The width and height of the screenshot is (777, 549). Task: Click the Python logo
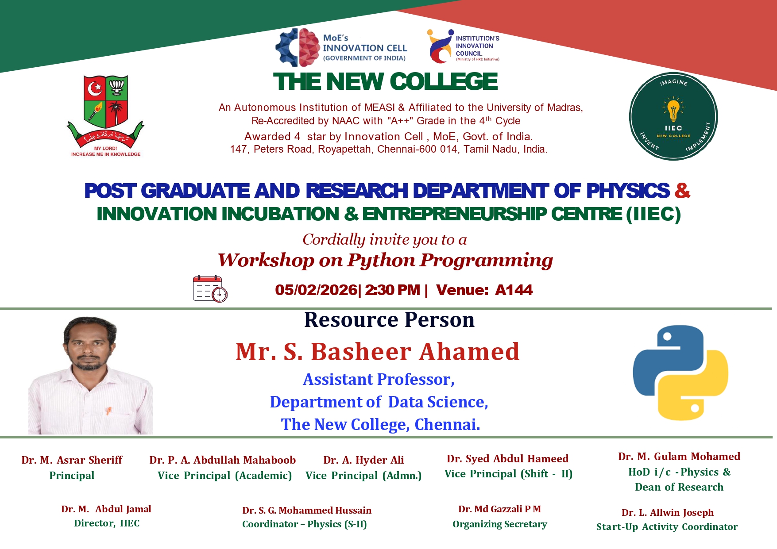click(680, 373)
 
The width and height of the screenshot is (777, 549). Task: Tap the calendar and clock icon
click(210, 289)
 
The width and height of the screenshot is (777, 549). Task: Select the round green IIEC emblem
click(673, 116)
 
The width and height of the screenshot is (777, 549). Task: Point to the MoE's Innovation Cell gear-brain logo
click(298, 47)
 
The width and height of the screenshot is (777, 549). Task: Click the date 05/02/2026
click(316, 290)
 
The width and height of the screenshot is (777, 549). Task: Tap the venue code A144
click(514, 290)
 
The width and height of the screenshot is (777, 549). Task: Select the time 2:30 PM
click(392, 290)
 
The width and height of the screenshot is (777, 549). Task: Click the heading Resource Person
click(389, 320)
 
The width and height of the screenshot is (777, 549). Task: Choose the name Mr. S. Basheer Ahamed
click(378, 352)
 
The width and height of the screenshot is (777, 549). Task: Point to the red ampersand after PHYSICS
click(682, 191)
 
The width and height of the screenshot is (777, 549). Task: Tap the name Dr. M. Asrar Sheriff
click(72, 460)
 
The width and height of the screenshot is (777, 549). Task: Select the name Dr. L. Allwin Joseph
click(668, 513)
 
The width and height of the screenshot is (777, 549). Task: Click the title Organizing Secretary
click(500, 524)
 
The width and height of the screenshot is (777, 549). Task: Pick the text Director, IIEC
click(107, 523)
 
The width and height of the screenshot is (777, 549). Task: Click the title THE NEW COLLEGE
click(386, 82)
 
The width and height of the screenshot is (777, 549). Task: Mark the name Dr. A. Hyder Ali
click(363, 460)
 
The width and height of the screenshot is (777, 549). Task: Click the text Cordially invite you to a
click(385, 240)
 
